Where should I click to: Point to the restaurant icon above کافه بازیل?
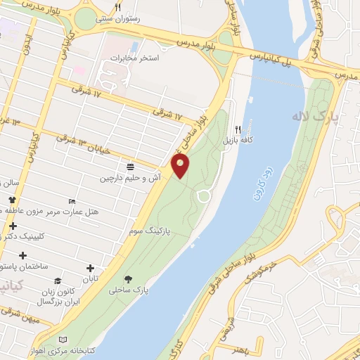(238, 130)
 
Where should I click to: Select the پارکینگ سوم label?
(147, 230)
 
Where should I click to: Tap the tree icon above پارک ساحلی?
(127, 278)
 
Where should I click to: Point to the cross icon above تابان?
(90, 267)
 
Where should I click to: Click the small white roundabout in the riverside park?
(203, 196)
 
